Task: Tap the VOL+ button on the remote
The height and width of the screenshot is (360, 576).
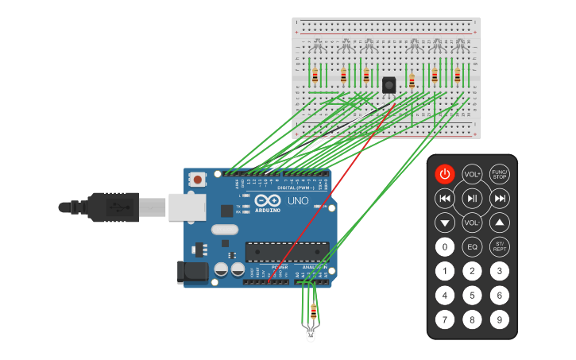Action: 472,174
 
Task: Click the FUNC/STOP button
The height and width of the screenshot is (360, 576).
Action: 499,174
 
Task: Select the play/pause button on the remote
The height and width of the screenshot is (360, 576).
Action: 472,198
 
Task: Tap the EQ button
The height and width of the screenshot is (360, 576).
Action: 472,247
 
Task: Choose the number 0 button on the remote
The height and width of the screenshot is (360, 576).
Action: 445,247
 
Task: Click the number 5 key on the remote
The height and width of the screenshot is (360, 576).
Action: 472,296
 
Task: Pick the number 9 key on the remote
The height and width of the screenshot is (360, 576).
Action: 499,320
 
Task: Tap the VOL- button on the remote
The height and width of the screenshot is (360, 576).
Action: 472,223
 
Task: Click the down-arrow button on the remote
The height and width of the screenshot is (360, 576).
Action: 445,223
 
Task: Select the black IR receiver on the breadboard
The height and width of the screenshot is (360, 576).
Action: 389,84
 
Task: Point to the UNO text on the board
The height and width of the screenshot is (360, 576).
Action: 297,200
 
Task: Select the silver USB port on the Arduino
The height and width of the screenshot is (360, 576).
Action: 185,207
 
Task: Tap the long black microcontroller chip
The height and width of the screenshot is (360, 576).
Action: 287,252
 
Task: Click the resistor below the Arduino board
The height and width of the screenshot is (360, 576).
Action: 313,312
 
